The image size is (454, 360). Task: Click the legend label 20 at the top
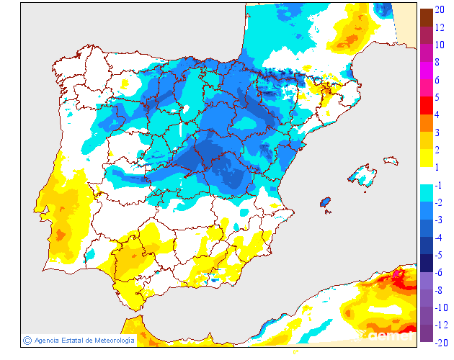tap(439, 10)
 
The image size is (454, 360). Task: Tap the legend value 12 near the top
tap(439, 27)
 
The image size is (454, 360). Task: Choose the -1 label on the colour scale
tap(438, 185)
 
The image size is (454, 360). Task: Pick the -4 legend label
tap(438, 238)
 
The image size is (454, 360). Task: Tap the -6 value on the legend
tap(438, 272)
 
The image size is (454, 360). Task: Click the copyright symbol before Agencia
tap(27, 340)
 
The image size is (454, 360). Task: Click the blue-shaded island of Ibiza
tap(326, 203)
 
